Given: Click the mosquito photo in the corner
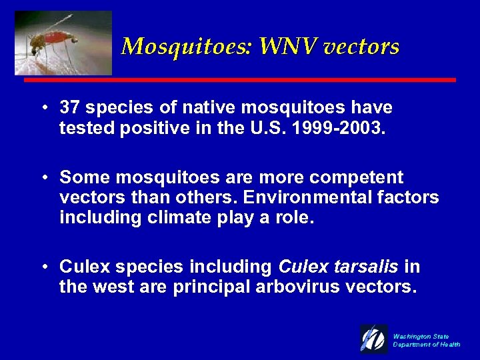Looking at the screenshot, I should [x=63, y=43].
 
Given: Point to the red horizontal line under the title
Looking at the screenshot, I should [x=240, y=80].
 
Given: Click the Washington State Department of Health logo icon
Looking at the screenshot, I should [x=373, y=339].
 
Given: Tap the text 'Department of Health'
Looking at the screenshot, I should [x=427, y=345].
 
